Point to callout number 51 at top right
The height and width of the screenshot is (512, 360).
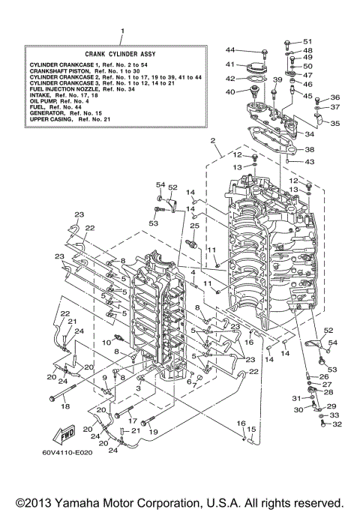click(x=307, y=41)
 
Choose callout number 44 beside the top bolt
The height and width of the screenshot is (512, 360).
click(x=231, y=49)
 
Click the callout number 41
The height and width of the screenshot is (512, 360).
click(x=231, y=64)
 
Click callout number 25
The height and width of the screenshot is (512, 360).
click(x=193, y=226)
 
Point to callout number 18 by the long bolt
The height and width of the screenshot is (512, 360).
click(x=64, y=406)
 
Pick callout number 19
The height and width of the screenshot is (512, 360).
click(x=154, y=433)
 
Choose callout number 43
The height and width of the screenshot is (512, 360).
click(x=310, y=162)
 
